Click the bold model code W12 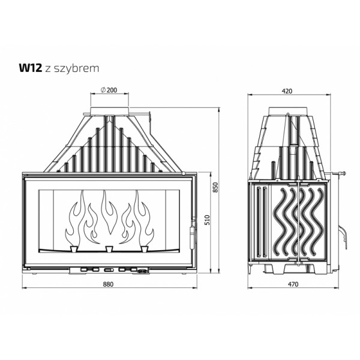click(x=31, y=68)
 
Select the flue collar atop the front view click(x=109, y=112)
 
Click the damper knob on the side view click(x=344, y=174)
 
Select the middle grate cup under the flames click(x=109, y=248)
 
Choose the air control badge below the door click(x=143, y=270)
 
